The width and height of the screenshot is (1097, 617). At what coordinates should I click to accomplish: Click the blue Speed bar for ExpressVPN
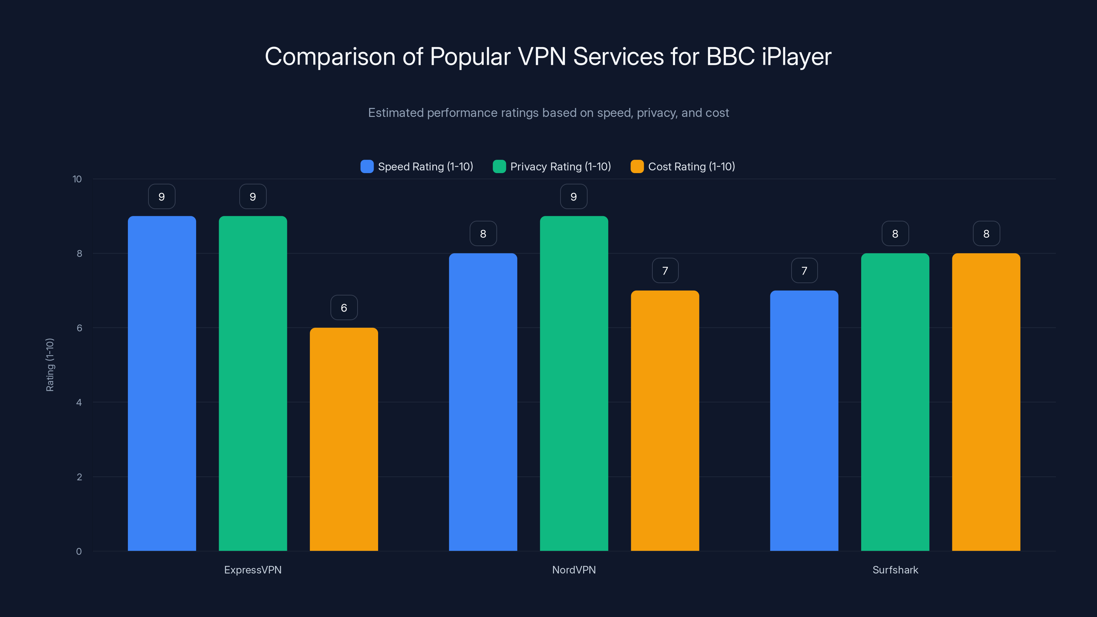point(162,383)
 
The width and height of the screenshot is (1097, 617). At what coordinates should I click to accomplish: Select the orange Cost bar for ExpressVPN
point(343,439)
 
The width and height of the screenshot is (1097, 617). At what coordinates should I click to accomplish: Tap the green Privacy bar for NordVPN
point(574,383)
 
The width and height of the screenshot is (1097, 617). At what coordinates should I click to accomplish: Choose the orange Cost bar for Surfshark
point(986,402)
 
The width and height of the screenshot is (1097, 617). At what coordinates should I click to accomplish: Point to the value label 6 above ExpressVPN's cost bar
point(343,307)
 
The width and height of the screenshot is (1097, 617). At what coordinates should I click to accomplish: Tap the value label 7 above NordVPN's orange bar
point(665,270)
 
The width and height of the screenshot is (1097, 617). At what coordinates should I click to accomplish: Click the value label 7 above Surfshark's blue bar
point(804,270)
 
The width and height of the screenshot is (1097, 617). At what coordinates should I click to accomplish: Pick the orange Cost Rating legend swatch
point(637,167)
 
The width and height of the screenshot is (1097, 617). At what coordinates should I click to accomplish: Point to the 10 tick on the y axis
point(77,179)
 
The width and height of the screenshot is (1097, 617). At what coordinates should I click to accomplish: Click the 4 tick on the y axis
point(79,402)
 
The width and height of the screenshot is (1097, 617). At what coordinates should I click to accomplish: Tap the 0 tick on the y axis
point(79,552)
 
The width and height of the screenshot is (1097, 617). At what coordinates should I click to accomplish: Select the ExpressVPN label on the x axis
point(253,570)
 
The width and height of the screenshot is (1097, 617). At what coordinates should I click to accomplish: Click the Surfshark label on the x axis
point(895,570)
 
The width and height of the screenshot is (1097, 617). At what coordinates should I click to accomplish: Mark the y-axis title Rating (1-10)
point(50,365)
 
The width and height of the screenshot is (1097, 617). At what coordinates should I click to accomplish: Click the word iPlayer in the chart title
point(796,57)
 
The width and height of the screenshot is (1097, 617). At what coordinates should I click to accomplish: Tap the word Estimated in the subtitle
point(396,113)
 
